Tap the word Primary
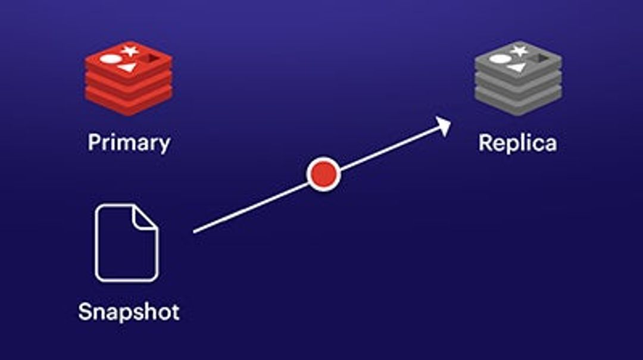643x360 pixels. coord(129,143)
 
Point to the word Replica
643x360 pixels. coord(517,143)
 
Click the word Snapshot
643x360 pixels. coord(129,311)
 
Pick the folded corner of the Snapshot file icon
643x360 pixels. coord(145,217)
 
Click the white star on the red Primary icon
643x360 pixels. coord(129,51)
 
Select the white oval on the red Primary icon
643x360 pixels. coord(110,59)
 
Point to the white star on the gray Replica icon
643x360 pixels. coord(519,51)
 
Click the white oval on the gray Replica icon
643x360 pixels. coord(500,59)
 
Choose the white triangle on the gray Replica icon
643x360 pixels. coord(516,68)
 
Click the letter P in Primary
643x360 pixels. coord(94,143)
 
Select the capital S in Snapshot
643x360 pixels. coord(86,311)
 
